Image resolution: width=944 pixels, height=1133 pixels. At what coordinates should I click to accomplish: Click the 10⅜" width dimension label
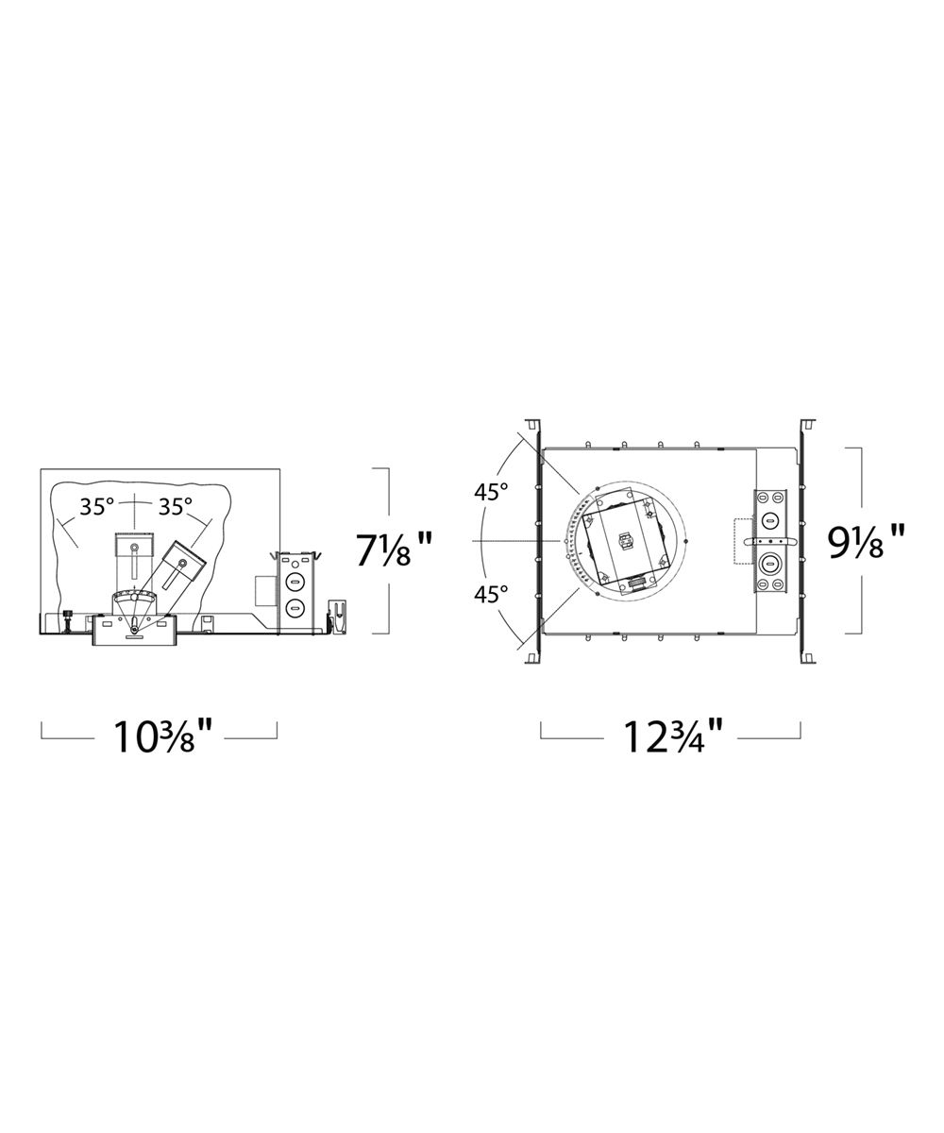click(160, 736)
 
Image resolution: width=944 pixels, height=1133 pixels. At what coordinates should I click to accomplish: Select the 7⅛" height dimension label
click(394, 550)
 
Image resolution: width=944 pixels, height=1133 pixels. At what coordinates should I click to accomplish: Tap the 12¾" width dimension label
click(673, 736)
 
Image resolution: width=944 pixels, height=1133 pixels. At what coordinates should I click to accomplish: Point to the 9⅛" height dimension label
click(866, 542)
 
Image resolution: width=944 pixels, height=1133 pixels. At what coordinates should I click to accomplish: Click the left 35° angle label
click(96, 506)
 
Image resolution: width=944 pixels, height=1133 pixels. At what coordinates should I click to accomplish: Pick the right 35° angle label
click(176, 506)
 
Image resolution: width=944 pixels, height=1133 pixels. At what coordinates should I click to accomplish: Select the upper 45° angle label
click(491, 492)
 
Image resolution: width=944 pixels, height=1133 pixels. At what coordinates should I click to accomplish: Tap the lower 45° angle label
click(491, 595)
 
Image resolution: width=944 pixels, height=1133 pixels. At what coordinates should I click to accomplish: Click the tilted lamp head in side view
click(183, 561)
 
